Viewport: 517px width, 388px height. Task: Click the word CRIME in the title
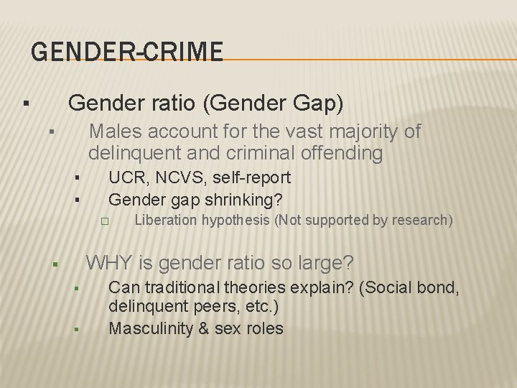click(x=183, y=52)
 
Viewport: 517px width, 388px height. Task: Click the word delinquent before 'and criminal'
click(x=128, y=153)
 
